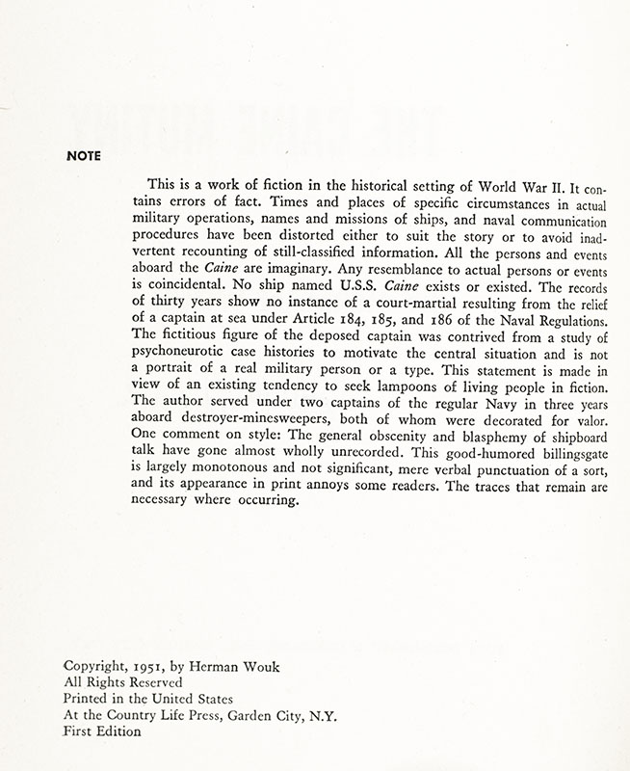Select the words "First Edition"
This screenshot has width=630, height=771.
click(x=101, y=731)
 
